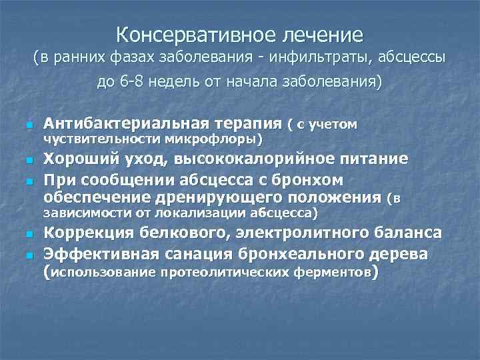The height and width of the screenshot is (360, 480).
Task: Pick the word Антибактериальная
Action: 120,123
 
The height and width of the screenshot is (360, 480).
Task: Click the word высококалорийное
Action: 255,159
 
